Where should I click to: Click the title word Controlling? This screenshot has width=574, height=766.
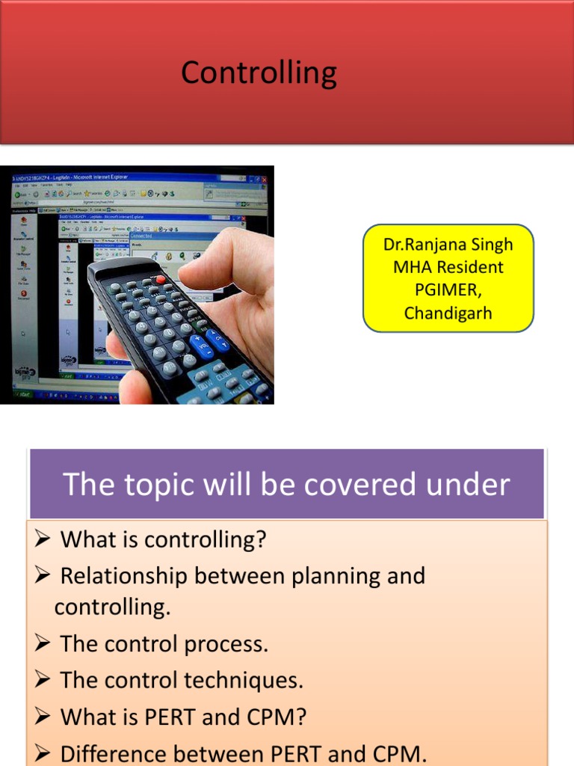click(259, 73)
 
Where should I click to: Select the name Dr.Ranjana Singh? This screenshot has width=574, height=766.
click(448, 245)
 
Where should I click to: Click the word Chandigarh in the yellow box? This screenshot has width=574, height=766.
click(448, 313)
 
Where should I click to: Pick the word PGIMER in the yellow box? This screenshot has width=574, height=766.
click(448, 290)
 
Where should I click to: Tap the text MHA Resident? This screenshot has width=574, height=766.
click(448, 267)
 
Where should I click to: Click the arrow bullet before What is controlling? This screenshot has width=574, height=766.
click(43, 539)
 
